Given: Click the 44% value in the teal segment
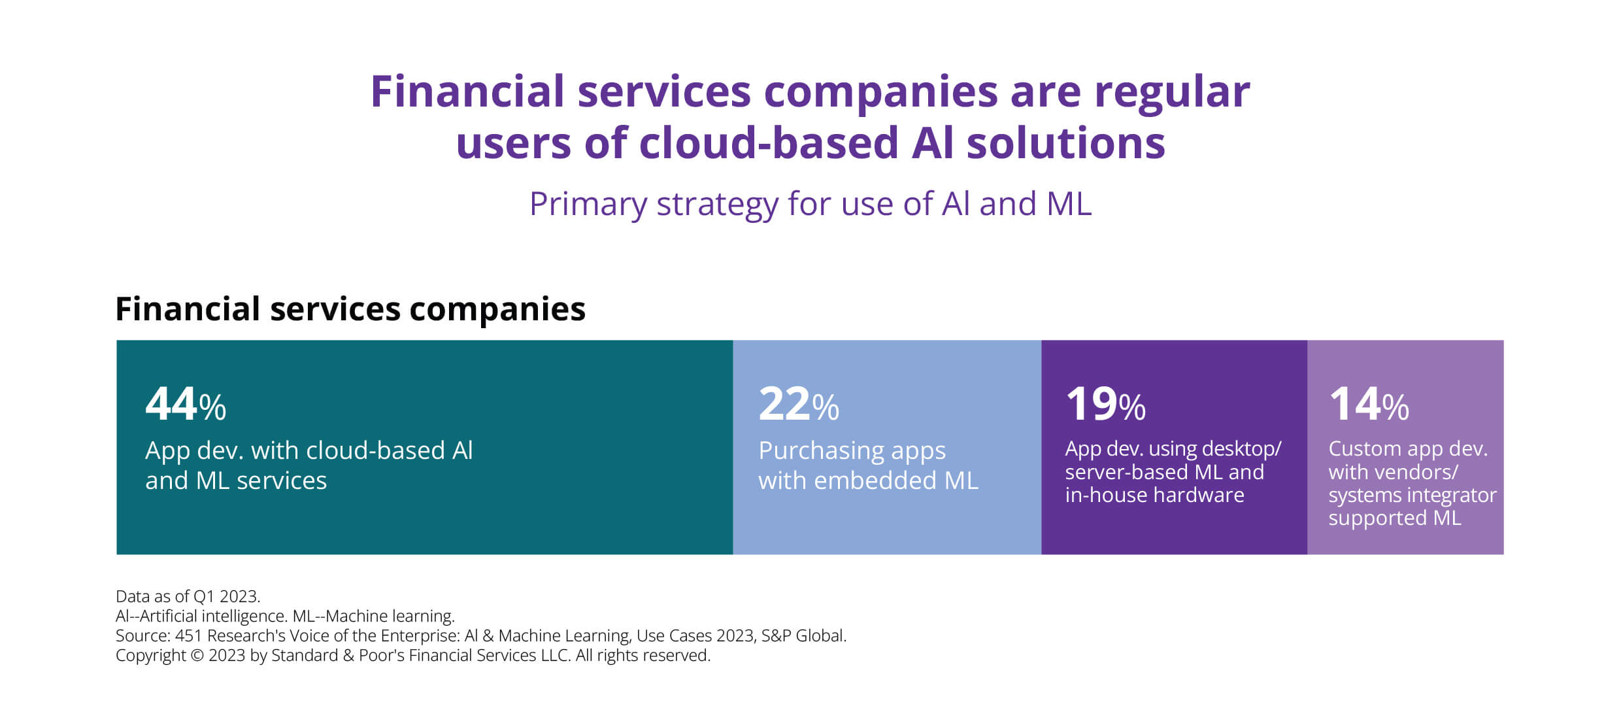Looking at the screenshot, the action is click(x=186, y=404).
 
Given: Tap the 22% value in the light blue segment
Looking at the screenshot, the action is click(x=799, y=404).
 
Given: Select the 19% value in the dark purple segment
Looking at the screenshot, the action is click(x=1105, y=404).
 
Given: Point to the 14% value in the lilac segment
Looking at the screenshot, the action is click(x=1369, y=404).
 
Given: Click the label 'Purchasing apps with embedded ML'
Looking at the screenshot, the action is click(x=868, y=465).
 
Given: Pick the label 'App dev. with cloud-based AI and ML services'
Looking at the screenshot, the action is click(x=309, y=465).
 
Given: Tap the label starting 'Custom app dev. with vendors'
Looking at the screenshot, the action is click(x=1412, y=483).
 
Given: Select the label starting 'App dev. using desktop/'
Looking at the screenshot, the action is click(x=1173, y=471).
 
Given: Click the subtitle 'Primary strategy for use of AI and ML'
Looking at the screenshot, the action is click(x=811, y=204).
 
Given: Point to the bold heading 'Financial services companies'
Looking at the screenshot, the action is click(x=350, y=309).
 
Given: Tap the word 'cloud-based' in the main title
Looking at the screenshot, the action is click(x=769, y=143).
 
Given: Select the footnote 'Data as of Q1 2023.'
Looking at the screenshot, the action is click(x=188, y=596).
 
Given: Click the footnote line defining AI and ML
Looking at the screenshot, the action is click(x=285, y=616).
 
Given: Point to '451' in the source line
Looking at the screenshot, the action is click(x=188, y=635).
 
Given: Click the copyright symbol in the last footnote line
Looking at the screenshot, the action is click(x=197, y=656).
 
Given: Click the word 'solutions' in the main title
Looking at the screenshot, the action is click(x=1066, y=143).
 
